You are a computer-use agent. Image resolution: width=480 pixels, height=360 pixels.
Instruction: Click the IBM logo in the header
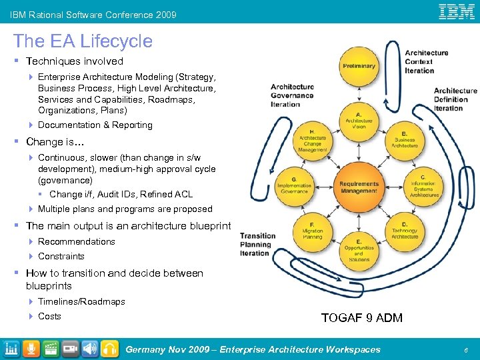[x=456, y=11]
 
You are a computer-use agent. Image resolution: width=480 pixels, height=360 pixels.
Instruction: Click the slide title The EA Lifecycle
[x=83, y=41]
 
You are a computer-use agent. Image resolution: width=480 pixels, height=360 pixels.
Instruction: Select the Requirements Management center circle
[x=359, y=187]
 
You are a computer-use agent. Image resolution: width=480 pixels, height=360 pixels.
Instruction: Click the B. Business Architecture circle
[x=405, y=139]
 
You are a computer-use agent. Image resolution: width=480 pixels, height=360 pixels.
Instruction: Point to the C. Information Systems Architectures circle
[x=423, y=187]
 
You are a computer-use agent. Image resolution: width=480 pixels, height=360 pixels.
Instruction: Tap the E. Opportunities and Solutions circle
[x=359, y=251]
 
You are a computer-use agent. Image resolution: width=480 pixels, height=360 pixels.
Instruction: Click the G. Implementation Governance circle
[x=294, y=187]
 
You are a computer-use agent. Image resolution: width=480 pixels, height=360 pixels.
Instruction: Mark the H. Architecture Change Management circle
[x=313, y=141]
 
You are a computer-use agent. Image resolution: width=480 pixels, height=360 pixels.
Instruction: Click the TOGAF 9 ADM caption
[x=362, y=318]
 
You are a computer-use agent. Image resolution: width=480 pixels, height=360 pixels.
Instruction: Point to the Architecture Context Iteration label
[x=427, y=61]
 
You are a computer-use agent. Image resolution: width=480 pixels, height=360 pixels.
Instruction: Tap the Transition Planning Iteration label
[x=257, y=244]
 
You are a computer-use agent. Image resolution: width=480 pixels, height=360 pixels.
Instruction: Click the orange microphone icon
[x=31, y=349]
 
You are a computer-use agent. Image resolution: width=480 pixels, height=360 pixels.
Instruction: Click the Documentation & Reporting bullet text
[x=95, y=125]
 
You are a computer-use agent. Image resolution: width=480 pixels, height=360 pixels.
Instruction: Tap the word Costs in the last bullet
[x=49, y=316]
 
